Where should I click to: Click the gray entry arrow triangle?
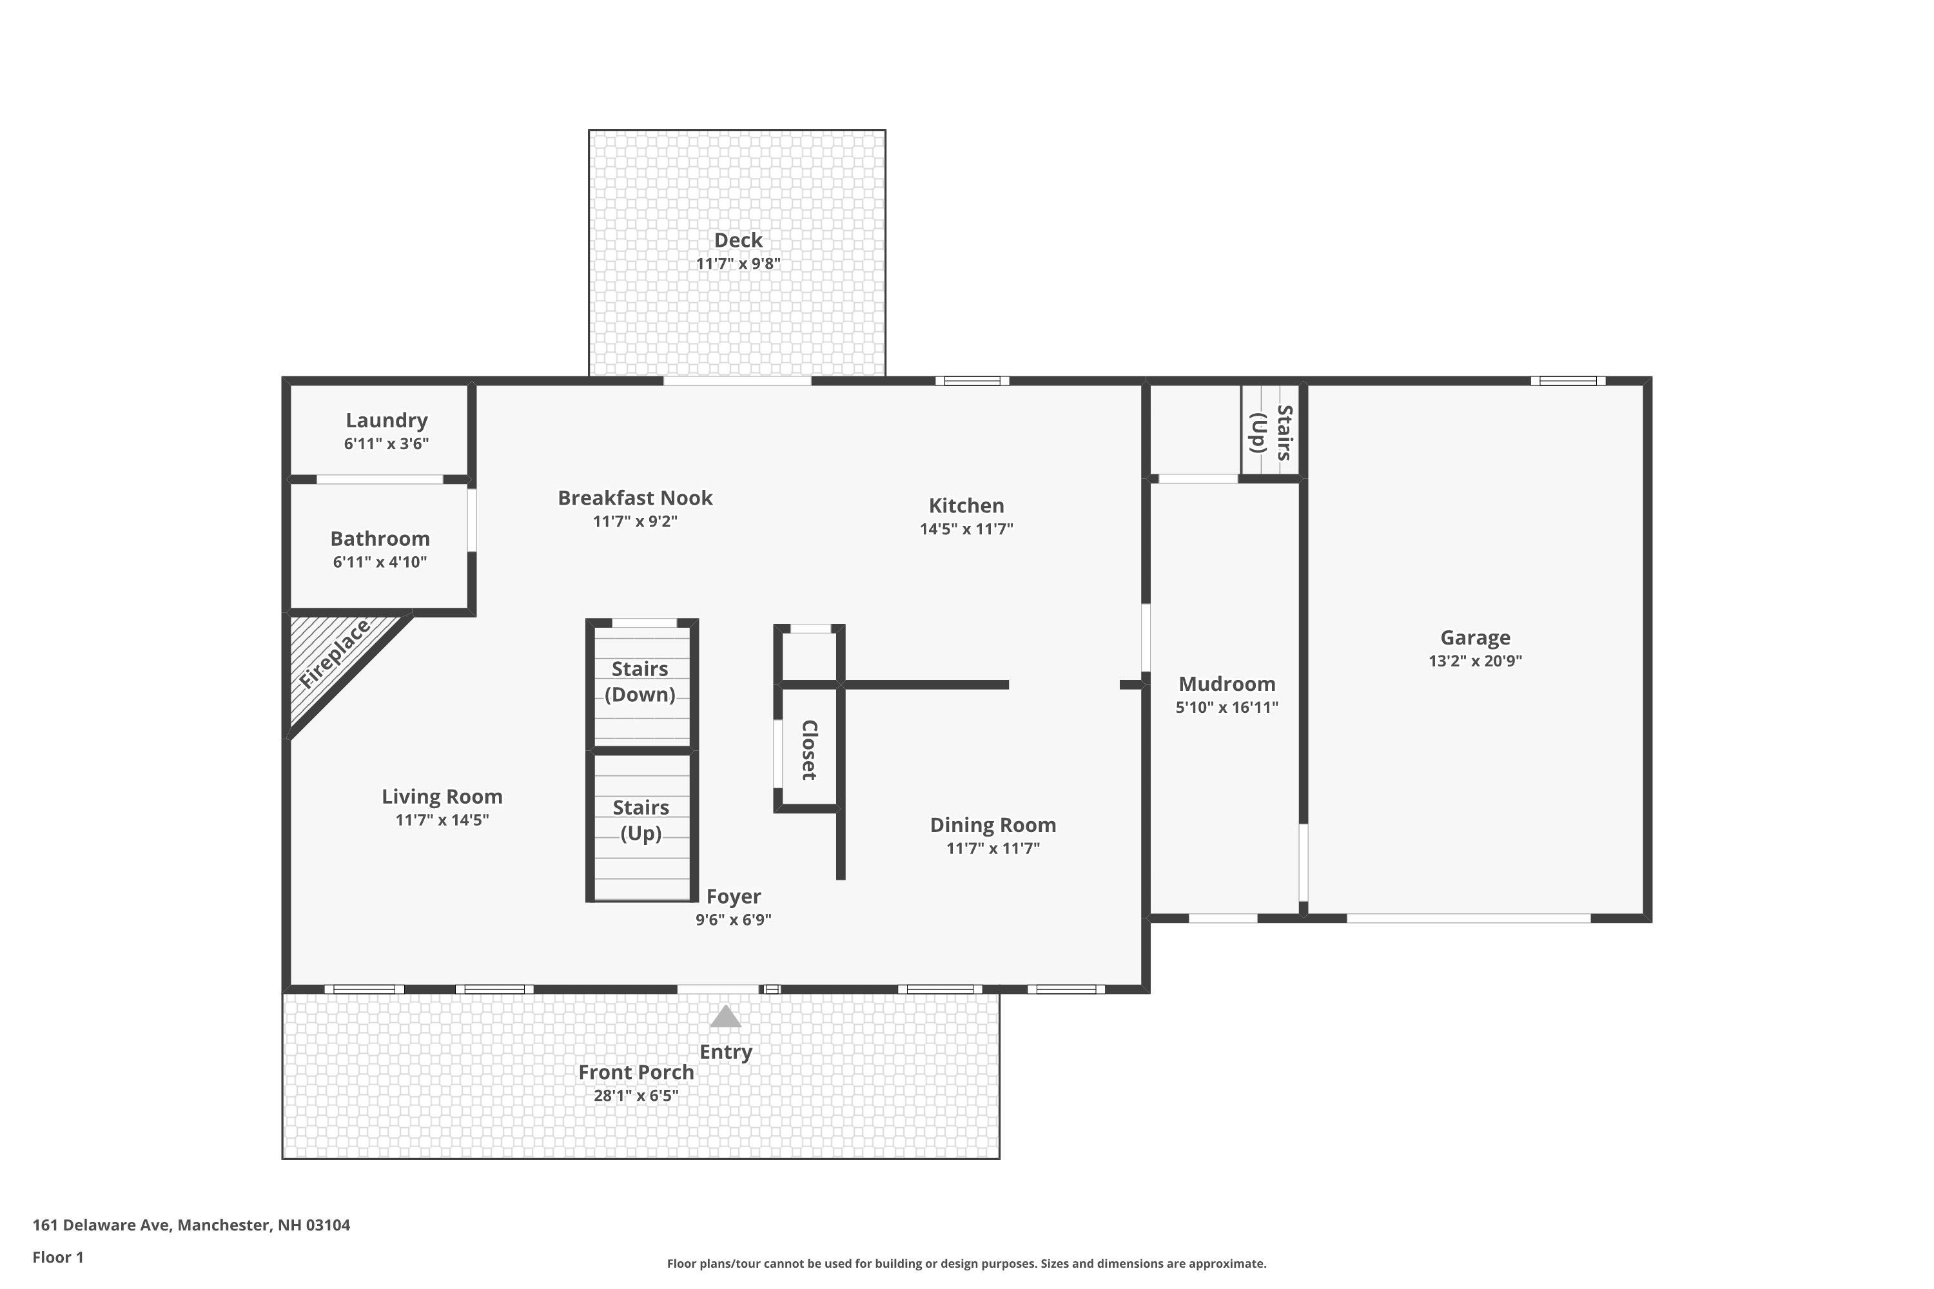[725, 1017]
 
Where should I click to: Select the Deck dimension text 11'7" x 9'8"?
[737, 264]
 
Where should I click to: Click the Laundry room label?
[386, 420]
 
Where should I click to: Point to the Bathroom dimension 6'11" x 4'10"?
[380, 562]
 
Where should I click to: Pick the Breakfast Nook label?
[635, 498]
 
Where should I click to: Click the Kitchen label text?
[966, 505]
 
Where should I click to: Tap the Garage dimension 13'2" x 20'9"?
[1475, 661]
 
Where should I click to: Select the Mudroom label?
[1227, 684]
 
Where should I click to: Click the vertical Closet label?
[809, 750]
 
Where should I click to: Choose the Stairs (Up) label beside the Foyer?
[641, 820]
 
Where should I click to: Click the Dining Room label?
[993, 824]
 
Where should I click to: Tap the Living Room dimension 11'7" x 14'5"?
[442, 820]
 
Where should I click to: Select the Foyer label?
[734, 896]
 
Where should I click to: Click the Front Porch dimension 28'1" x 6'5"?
[636, 1096]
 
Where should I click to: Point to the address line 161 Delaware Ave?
[191, 1225]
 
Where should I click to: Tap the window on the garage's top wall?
[1568, 381]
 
